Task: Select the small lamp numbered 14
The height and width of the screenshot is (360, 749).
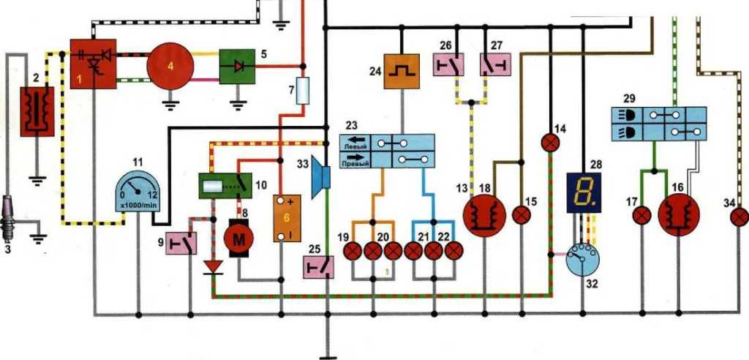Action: coord(551,142)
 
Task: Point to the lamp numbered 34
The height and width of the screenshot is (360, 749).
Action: coord(739,216)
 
